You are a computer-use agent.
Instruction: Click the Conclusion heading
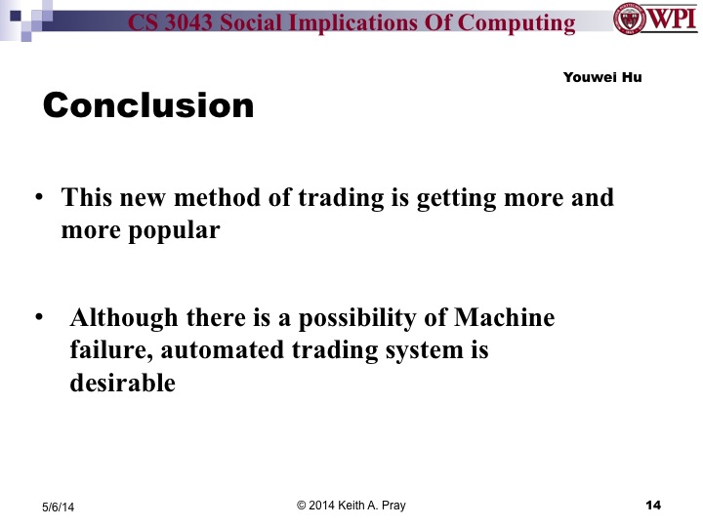(x=148, y=105)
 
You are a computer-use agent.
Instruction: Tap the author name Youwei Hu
(x=602, y=77)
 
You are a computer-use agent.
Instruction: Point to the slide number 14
(x=654, y=505)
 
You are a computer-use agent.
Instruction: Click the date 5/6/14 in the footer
(x=59, y=507)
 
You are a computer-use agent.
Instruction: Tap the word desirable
(x=122, y=384)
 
